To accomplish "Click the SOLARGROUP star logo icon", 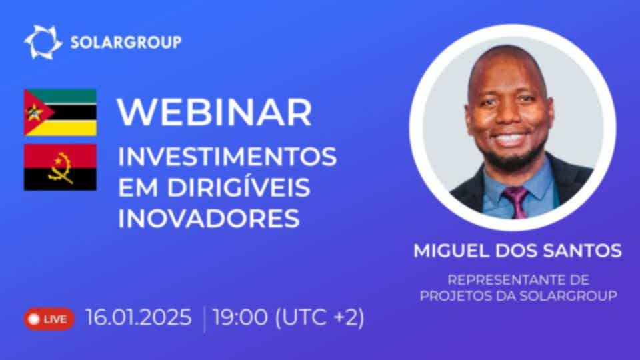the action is coord(43,42).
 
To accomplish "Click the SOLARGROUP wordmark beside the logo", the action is coord(126,42).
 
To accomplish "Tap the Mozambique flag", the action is coord(61,112).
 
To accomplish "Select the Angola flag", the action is coord(61,167).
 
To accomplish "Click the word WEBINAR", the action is coord(214,112).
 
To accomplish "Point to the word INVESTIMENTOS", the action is coord(227,157).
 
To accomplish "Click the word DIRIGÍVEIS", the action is coord(239,187).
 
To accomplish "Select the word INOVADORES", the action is coord(209,219).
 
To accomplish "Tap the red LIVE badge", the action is coord(49,319).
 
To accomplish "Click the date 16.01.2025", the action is coord(139,317).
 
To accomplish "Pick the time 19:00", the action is coord(241,317).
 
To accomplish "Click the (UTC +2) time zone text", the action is coord(319,318).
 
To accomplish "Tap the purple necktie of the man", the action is coord(516,202).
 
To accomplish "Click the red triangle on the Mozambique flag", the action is coord(36,112).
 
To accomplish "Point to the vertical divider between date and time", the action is coord(204,319).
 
